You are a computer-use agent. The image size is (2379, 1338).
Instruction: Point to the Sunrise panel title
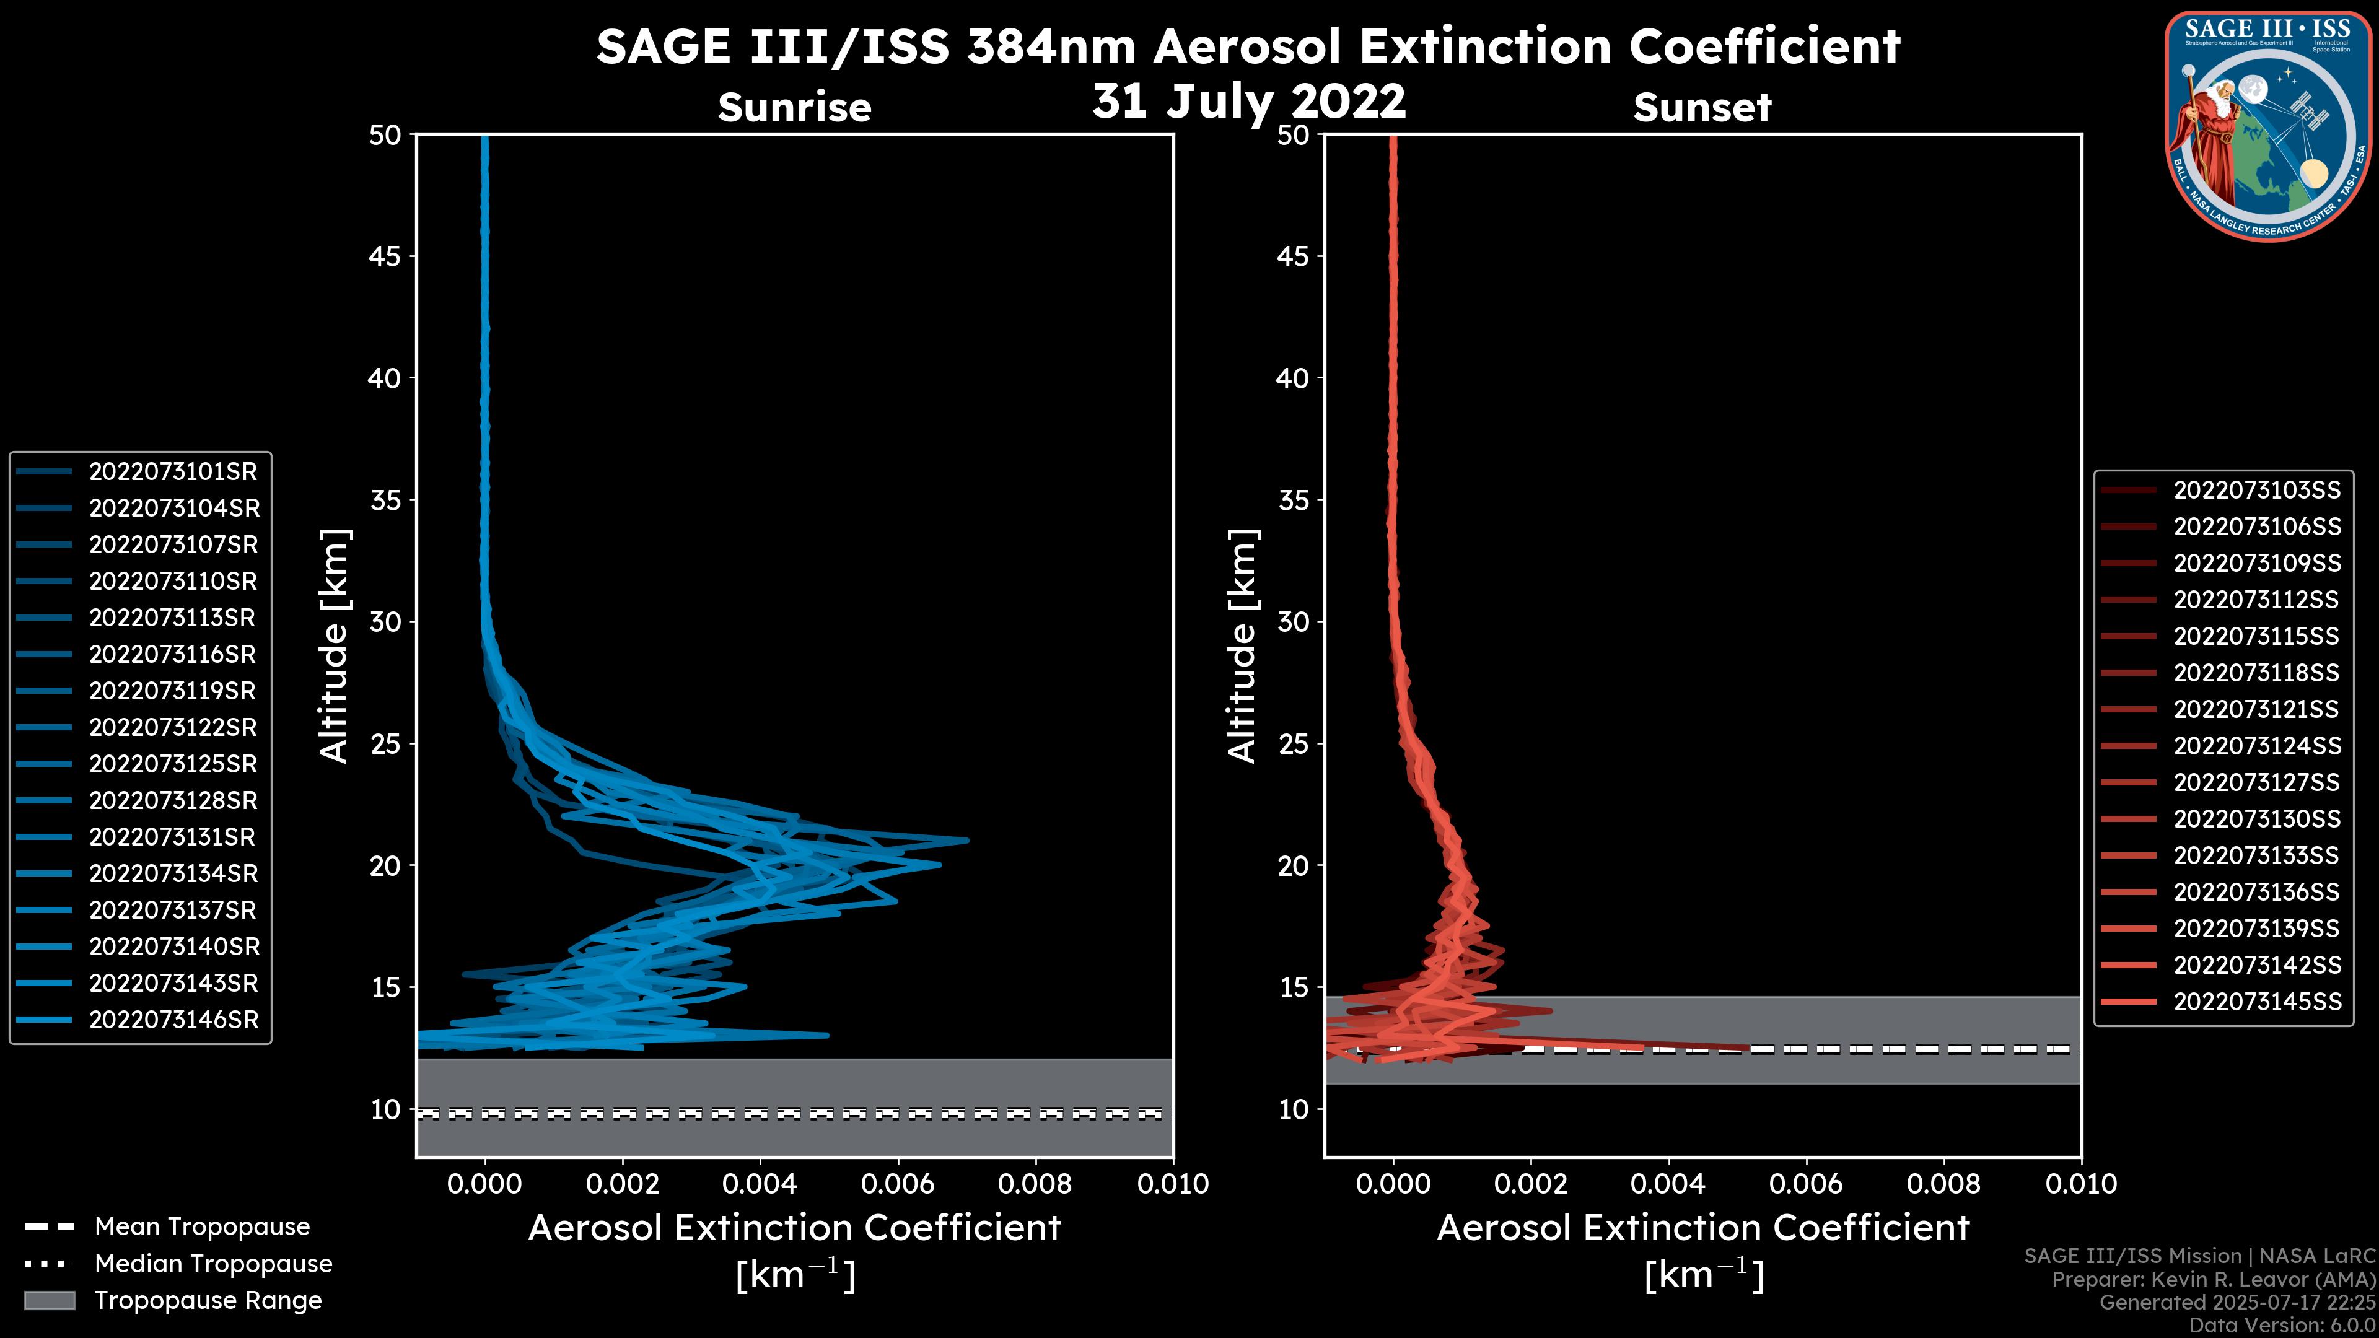(x=794, y=107)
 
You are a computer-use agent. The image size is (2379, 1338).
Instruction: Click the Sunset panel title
(x=1702, y=107)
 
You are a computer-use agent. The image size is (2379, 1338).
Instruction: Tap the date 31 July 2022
(x=1248, y=100)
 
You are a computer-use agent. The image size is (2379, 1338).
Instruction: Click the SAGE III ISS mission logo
(x=2268, y=126)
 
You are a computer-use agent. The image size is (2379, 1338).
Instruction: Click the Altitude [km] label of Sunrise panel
(x=335, y=646)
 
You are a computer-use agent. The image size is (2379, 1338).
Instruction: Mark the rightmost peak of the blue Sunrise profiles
(x=966, y=841)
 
